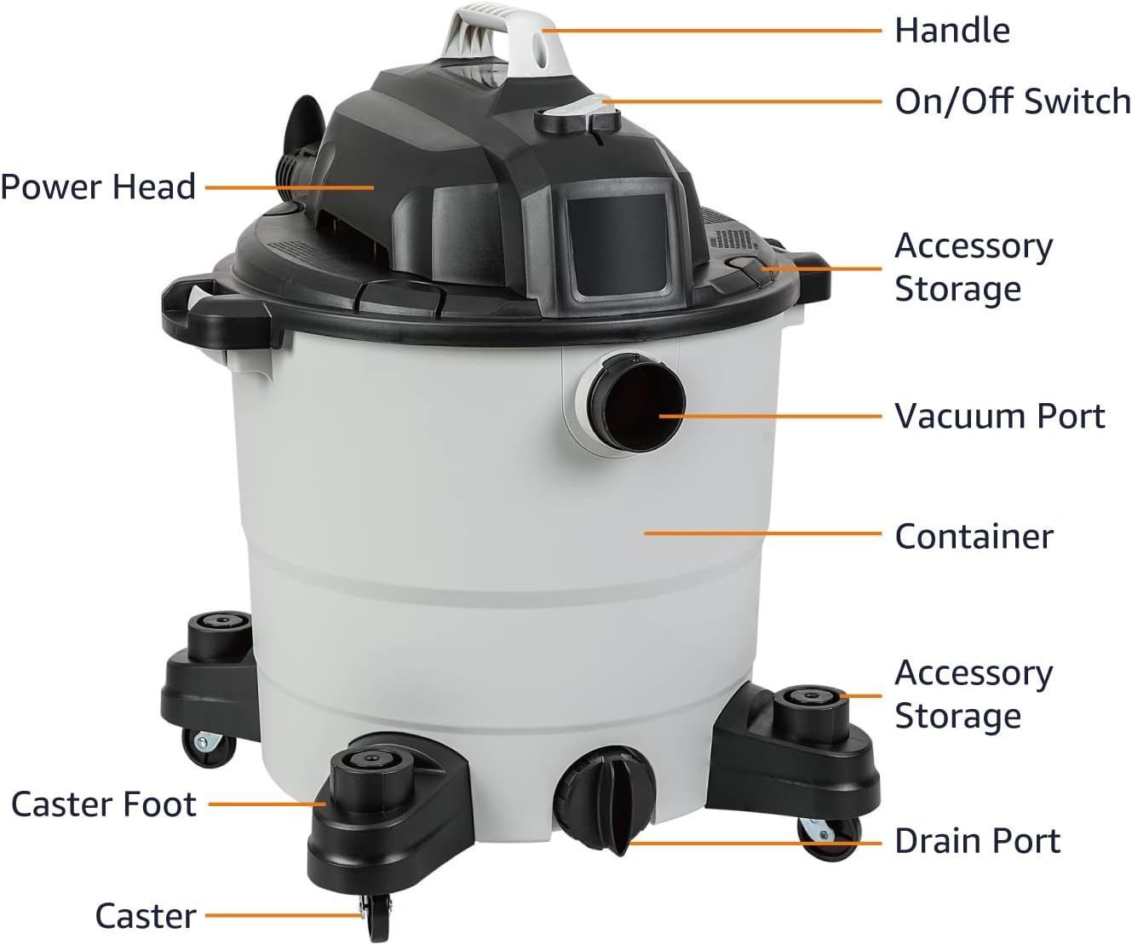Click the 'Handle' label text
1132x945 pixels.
pos(952,31)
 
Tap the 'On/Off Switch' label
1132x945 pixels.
pos(1013,101)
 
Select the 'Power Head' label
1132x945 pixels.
pos(98,187)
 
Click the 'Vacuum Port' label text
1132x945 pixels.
pos(1000,416)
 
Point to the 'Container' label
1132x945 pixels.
pos(974,537)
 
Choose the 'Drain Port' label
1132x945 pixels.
pos(978,841)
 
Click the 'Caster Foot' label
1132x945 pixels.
pos(104,804)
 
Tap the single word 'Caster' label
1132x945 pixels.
pos(146,916)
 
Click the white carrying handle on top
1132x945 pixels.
pos(509,38)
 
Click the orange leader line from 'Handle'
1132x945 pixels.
pos(712,31)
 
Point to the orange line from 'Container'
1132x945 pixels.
pos(763,533)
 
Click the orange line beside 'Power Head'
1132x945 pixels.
pos(290,187)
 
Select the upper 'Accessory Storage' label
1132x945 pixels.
pos(974,268)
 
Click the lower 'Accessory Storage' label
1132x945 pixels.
pos(974,694)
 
